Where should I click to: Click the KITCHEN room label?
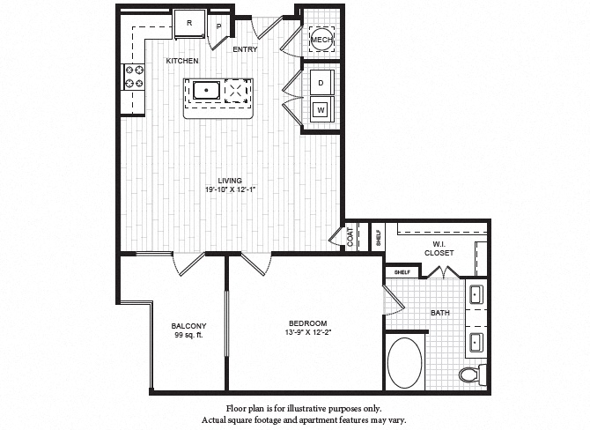click(183, 60)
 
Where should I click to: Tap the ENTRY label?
click(245, 49)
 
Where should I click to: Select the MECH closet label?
click(321, 39)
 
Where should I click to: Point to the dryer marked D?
click(321, 82)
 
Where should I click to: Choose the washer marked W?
click(321, 111)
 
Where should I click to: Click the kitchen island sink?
click(206, 90)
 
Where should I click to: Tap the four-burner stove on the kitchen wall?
click(134, 78)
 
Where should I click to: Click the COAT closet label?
click(350, 236)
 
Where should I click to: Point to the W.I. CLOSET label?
click(438, 248)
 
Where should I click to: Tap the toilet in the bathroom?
click(470, 375)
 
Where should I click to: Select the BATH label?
click(441, 313)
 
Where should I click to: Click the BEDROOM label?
click(307, 322)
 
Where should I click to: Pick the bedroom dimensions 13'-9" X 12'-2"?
click(307, 332)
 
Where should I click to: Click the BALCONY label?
click(188, 326)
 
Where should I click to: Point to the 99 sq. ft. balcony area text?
click(188, 336)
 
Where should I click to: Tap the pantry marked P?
click(219, 26)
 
